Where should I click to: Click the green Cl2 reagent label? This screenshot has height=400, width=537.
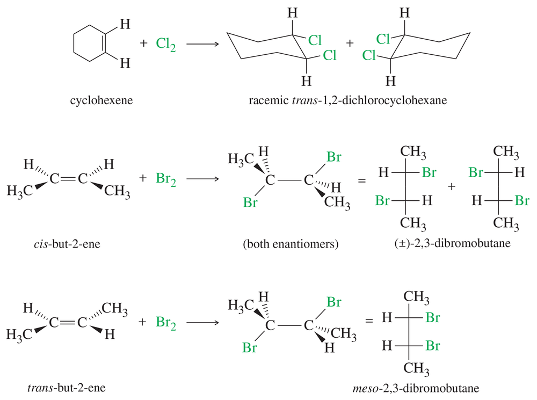(x=166, y=45)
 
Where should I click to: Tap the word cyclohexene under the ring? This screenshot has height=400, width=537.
(x=101, y=100)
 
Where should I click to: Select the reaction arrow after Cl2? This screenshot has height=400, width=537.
(x=203, y=44)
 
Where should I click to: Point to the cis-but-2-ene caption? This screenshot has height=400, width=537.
(x=67, y=244)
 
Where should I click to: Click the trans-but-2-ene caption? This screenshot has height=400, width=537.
(x=67, y=388)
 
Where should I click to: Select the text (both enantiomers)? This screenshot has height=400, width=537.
(x=291, y=244)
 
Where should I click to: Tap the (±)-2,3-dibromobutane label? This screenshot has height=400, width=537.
(x=452, y=243)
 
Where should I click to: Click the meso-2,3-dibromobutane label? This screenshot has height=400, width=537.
(x=416, y=388)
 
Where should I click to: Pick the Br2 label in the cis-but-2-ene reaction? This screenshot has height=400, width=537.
(x=166, y=179)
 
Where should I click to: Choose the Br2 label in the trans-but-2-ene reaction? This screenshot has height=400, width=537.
(x=166, y=323)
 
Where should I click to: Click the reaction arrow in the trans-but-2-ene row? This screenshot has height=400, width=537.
(x=203, y=322)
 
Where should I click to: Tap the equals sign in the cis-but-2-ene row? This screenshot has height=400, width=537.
(x=361, y=180)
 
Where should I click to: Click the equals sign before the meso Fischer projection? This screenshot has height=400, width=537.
(x=368, y=321)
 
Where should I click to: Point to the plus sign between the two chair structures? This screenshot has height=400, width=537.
(x=350, y=43)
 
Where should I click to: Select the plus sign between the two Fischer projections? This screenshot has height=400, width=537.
(x=452, y=186)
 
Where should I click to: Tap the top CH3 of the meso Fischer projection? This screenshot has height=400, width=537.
(x=416, y=297)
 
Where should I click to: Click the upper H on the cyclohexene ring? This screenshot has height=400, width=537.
(x=125, y=24)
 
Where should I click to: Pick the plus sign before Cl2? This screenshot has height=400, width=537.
(x=144, y=43)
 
